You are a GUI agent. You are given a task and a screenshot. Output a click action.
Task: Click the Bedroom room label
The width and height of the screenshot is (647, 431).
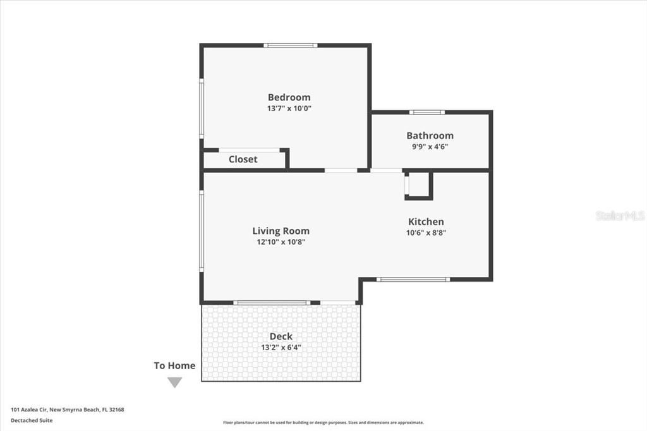tap(289, 97)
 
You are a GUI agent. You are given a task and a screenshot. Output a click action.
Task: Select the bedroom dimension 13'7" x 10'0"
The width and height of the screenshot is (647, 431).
tap(289, 108)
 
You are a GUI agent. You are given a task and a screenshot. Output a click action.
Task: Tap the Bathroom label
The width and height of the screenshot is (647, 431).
tap(430, 135)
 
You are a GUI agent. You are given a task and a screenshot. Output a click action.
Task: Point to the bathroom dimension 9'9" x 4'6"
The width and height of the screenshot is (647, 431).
tap(430, 146)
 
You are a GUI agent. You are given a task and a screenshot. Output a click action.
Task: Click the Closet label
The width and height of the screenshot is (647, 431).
tap(243, 159)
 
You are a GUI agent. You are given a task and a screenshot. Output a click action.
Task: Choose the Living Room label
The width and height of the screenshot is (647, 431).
tap(281, 231)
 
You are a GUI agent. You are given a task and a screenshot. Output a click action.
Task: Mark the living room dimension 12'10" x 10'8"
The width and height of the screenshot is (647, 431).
tap(281, 241)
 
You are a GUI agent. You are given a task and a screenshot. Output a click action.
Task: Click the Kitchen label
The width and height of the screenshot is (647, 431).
tap(426, 221)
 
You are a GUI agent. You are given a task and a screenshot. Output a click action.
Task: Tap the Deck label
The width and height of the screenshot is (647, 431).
tap(281, 336)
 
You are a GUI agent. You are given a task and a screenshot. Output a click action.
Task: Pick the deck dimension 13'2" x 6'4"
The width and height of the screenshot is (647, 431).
tap(281, 347)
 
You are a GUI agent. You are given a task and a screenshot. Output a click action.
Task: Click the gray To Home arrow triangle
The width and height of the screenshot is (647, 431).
tap(174, 382)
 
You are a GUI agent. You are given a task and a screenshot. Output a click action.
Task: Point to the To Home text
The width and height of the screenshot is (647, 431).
tap(174, 365)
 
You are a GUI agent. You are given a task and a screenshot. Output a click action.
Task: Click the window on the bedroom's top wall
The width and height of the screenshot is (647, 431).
tap(291, 46)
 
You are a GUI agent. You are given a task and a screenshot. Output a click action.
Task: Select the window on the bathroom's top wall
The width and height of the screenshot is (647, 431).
tap(426, 112)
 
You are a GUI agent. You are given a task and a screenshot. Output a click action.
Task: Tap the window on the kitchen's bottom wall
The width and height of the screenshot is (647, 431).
tap(413, 279)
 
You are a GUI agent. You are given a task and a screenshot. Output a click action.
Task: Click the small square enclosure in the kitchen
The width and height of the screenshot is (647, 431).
tap(418, 185)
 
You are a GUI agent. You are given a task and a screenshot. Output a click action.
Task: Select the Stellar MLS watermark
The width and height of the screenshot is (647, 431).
tap(619, 215)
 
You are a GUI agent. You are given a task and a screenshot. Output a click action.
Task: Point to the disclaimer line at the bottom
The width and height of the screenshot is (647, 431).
tap(323, 423)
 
